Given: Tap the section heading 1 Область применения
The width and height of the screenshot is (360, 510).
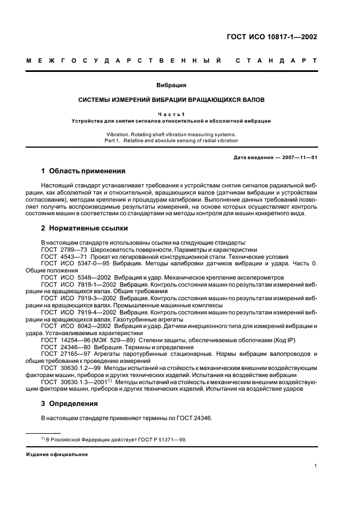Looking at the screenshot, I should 83,171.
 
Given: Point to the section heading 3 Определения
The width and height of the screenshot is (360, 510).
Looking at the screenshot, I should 70,404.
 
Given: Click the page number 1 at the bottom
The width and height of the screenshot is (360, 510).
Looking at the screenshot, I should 316,466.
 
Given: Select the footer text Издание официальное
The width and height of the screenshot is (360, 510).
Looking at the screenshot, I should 57,453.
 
